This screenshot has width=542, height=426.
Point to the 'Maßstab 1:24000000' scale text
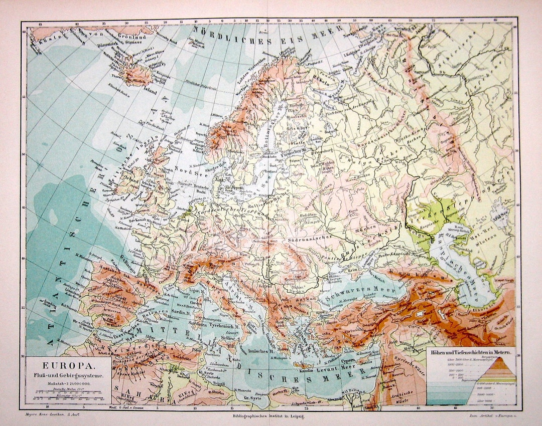tap(69, 383)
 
